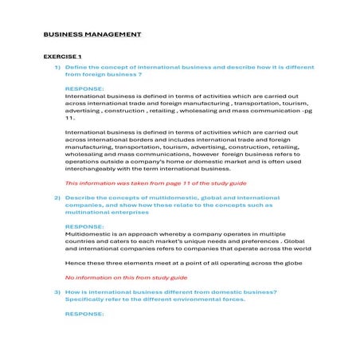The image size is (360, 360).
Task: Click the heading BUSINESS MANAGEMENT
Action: tap(92, 35)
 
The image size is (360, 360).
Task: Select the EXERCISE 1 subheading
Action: tap(62, 57)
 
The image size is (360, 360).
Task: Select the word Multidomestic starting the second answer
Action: tap(88, 234)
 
